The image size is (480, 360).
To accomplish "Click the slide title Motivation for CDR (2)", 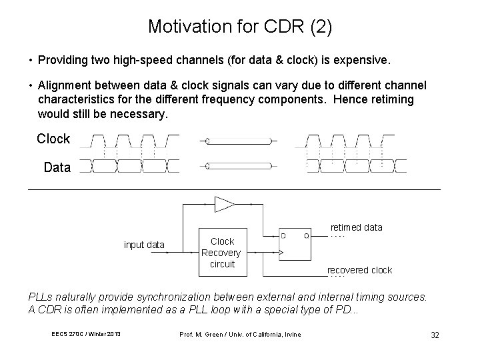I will point(239,27).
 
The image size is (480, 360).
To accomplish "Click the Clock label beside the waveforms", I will point(53,139).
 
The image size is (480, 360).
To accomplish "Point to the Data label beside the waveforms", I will point(57,168).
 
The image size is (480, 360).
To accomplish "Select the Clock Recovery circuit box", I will point(222,253).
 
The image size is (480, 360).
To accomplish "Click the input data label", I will point(144,245).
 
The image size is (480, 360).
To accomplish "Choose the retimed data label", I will point(357,227).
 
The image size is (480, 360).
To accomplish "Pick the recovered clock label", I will point(359,270).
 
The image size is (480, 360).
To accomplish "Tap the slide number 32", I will point(435,335).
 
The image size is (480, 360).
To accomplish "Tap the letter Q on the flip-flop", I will point(306,236).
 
